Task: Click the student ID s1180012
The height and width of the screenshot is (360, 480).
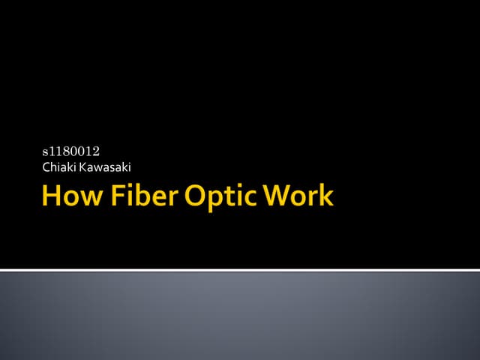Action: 70,153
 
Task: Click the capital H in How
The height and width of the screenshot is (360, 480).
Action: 52,196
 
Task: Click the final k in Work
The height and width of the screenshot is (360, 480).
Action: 325,196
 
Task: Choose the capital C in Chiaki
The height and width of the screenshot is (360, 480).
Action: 46,166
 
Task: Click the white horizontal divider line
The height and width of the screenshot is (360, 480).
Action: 240,269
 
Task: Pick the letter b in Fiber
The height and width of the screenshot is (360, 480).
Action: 142,196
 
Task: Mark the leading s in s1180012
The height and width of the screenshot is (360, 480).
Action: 45,154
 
